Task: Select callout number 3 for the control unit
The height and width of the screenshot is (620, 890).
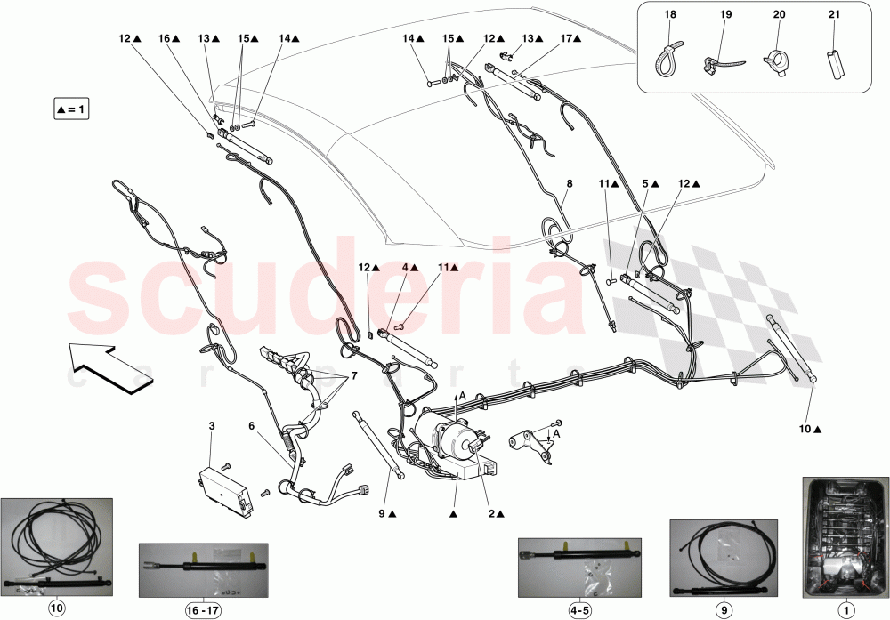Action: pos(212,427)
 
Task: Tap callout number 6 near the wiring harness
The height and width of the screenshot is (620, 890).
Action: pos(252,426)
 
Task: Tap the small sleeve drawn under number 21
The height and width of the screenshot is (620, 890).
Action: pos(834,64)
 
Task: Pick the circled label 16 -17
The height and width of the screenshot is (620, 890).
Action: pos(205,608)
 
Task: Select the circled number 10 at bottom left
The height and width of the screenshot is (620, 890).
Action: pos(56,608)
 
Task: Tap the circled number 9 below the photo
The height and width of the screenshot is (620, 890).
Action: pos(723,608)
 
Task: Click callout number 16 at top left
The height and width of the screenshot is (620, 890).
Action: pos(164,38)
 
